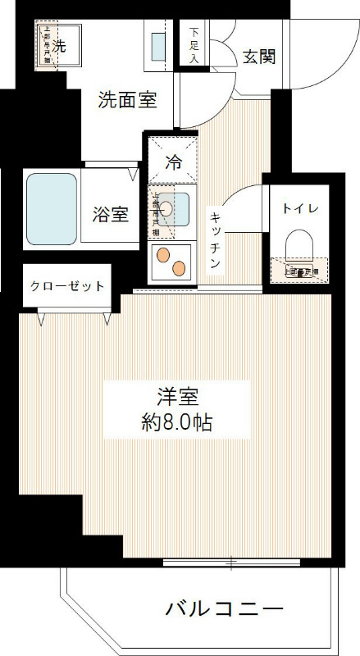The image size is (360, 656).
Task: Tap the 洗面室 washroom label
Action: tap(127, 100)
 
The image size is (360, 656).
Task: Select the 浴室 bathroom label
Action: tap(110, 215)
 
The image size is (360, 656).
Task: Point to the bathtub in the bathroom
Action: tap(52, 208)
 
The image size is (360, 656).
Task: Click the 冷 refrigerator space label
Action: tap(173, 162)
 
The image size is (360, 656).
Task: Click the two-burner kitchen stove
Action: tap(171, 260)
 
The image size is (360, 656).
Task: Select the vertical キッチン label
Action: tap(215, 238)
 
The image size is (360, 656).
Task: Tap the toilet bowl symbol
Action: tap(298, 245)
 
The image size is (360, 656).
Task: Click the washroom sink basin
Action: tap(157, 48)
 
